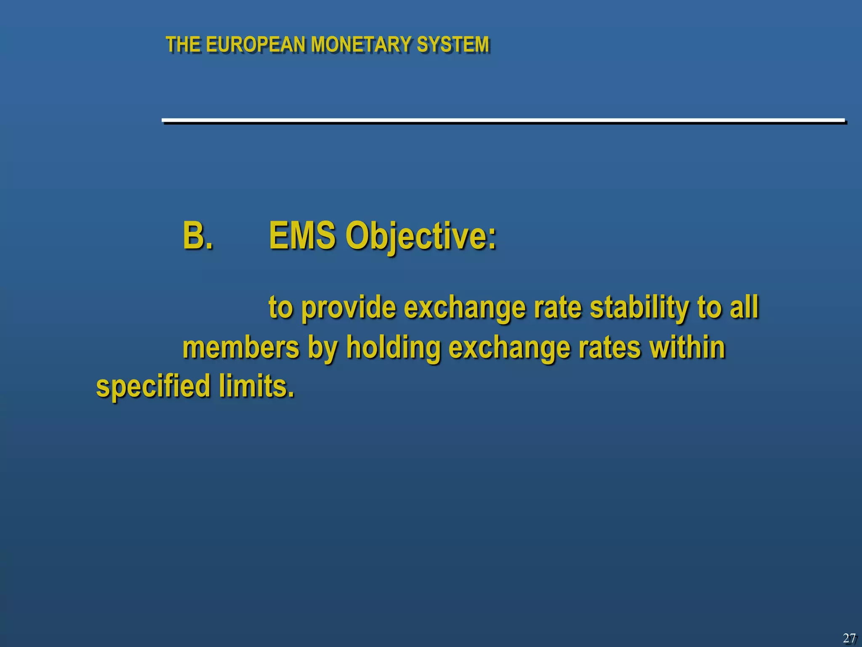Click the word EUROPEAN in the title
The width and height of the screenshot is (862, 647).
coord(255,45)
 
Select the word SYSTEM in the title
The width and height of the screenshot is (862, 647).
coord(452,45)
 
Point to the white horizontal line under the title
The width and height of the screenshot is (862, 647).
coord(503,120)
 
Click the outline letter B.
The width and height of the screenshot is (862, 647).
coord(197,236)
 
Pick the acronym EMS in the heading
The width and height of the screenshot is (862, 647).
coord(302,236)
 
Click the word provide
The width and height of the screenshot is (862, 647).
coord(349,307)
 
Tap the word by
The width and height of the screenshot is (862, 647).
coord(322,349)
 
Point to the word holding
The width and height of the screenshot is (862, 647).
coord(393,349)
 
